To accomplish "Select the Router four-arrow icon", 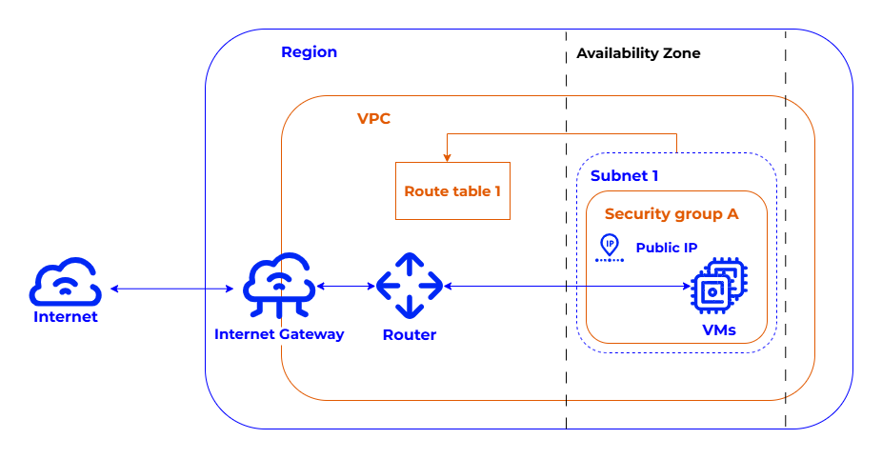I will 410,286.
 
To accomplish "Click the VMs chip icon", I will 718,287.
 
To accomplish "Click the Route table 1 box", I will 452,191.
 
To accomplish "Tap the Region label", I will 309,52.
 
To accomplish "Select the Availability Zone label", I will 638,53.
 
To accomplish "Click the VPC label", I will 373,119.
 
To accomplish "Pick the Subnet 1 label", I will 624,176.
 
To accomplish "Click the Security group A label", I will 672,214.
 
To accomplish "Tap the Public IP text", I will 667,249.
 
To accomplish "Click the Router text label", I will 410,334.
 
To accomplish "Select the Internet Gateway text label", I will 279,334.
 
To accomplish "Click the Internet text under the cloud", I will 66,317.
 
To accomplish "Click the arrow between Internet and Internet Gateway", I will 172,289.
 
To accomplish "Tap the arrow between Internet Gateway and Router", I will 346,286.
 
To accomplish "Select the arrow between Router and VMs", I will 568,286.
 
